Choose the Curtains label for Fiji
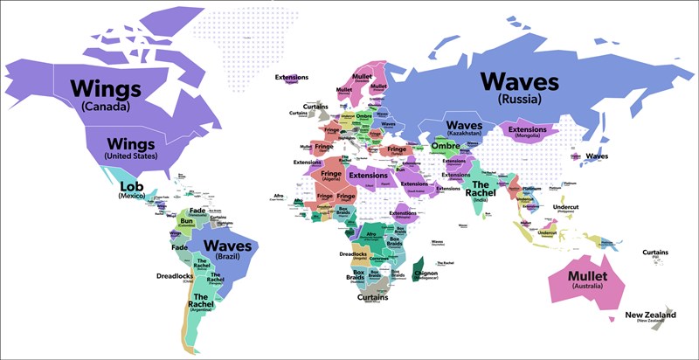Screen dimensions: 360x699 [x=654, y=253]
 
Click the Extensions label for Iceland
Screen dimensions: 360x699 [x=292, y=78]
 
